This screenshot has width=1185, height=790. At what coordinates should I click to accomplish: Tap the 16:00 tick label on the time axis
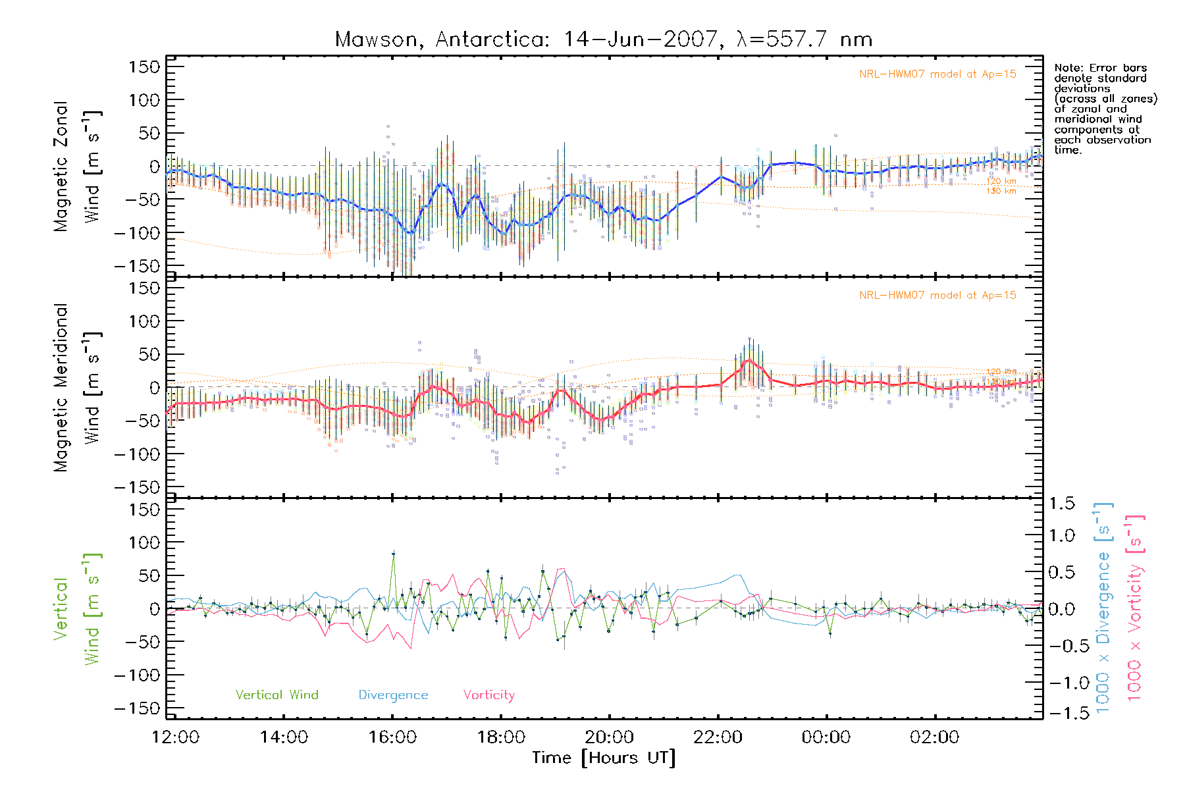pos(392,737)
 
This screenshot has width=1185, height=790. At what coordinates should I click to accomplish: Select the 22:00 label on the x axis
pos(718,737)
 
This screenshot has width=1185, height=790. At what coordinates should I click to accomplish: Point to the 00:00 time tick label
pos(826,737)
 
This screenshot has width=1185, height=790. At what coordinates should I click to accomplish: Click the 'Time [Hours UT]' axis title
pos(604,758)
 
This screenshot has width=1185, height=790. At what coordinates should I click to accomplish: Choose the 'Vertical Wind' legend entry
pos(276,695)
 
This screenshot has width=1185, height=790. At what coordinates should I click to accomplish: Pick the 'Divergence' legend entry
pos(393,695)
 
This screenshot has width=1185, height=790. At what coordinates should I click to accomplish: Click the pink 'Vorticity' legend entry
pos(488,695)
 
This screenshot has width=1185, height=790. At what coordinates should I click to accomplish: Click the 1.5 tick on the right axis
pos(1061,504)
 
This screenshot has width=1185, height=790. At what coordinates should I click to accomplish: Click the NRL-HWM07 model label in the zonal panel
pos(937,74)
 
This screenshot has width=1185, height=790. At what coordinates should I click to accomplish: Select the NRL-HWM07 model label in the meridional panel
pos(937,295)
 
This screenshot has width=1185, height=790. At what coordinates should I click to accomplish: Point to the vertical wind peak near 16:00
pos(394,554)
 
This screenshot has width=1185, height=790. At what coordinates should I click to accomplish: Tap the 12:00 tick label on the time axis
pos(175,737)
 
